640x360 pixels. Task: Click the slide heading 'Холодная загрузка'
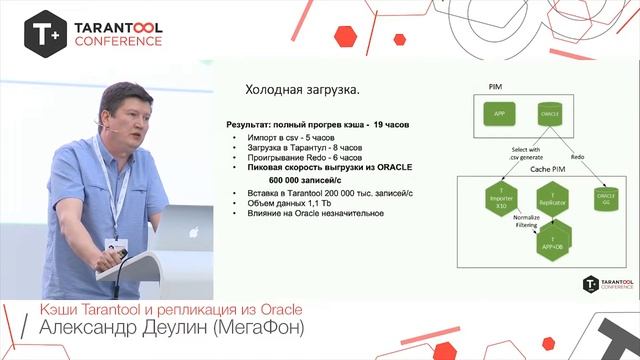click(289, 91)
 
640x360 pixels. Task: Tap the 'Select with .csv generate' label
click(526, 153)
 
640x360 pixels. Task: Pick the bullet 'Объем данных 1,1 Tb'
click(291, 203)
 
